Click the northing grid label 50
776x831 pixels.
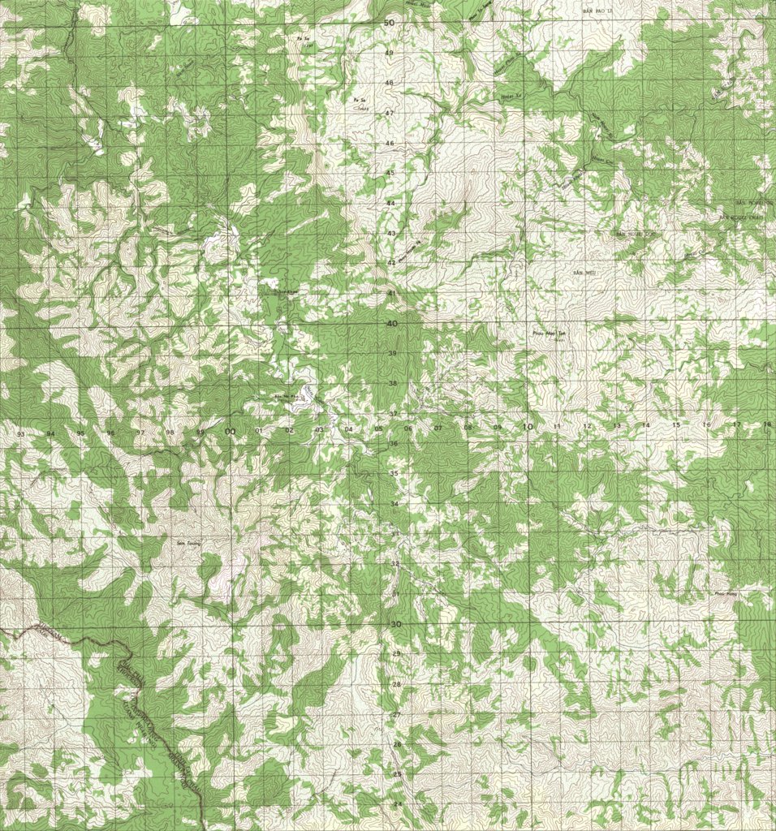[390, 23]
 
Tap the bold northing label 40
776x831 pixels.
[392, 324]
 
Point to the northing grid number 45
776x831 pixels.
[390, 173]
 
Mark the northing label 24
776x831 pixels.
[397, 803]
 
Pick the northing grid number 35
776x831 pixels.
[394, 473]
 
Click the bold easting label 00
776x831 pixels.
[230, 432]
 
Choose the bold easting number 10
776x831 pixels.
[528, 426]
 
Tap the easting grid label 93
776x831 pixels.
[21, 435]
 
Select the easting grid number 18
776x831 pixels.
[767, 424]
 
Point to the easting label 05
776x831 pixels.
[378, 428]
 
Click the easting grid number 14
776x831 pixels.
[646, 425]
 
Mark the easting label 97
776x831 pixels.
[140, 433]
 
